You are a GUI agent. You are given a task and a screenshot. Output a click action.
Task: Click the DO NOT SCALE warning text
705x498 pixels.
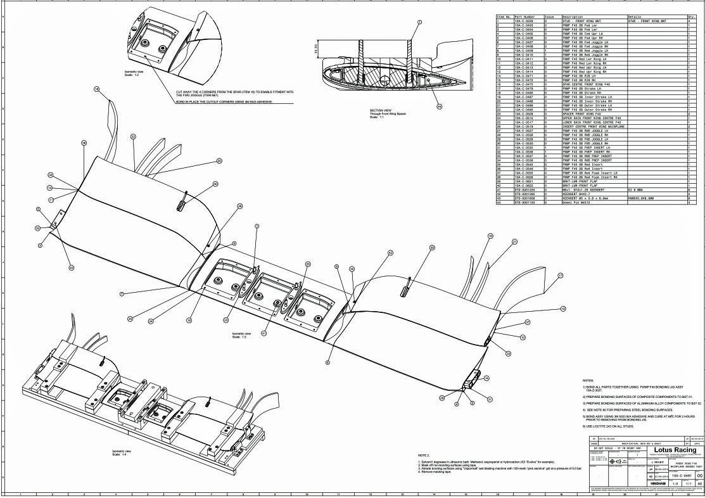(x=609, y=448)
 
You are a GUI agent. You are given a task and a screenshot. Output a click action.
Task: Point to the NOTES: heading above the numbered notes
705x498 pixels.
(x=587, y=381)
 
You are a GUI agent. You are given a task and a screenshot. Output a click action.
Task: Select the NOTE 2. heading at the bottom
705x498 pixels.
(x=424, y=455)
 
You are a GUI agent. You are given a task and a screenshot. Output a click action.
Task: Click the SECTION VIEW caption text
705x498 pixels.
(x=381, y=110)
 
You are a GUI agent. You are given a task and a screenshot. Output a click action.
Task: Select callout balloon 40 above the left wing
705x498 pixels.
(x=215, y=184)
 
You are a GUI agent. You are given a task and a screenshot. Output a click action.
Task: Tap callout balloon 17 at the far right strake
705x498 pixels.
(x=560, y=276)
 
